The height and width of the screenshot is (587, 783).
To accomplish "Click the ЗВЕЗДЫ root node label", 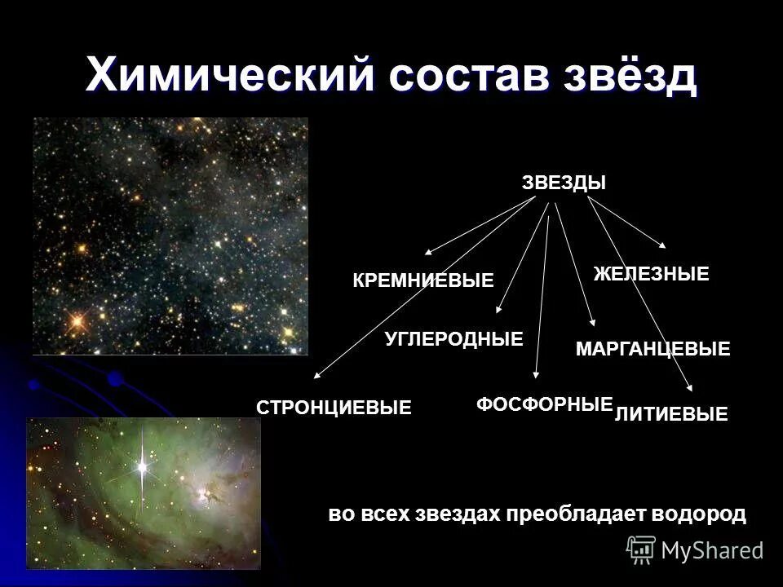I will click(564, 183).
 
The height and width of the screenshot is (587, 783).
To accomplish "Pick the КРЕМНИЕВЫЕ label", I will click(423, 281).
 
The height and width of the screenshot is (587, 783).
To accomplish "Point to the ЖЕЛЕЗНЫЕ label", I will click(651, 275).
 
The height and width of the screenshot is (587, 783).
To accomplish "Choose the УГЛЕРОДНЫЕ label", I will click(453, 339).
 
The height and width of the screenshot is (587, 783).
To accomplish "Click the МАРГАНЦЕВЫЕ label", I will click(652, 350).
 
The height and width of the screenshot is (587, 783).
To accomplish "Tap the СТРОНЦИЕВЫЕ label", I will click(334, 408).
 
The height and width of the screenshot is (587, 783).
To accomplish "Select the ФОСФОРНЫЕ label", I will click(543, 404).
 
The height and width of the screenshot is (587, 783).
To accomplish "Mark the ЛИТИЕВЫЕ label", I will click(670, 415).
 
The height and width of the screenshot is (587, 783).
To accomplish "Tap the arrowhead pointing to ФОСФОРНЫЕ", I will click(535, 376).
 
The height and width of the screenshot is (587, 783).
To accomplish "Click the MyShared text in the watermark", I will click(712, 550).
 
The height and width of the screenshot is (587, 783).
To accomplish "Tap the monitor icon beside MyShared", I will click(642, 550).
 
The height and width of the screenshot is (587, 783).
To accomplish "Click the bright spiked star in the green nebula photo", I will click(143, 468).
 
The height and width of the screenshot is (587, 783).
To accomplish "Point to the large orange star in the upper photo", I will click(77, 321).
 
